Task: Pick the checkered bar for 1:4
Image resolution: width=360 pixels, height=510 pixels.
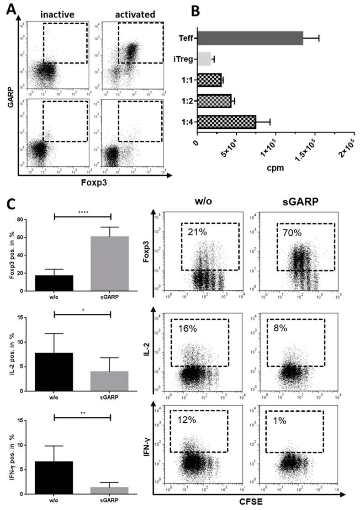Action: [226, 122]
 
